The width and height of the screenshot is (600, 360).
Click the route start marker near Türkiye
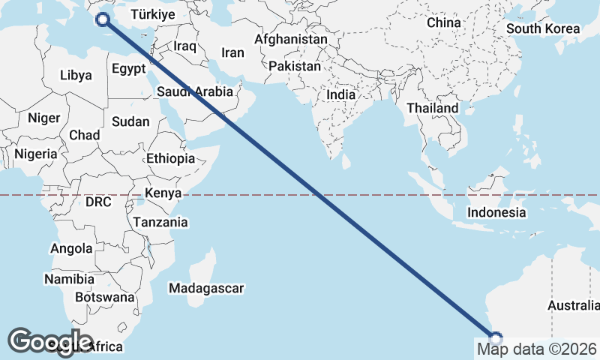[103, 20]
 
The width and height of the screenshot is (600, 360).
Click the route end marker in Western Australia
[495, 337]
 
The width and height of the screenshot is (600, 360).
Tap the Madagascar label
[206, 288]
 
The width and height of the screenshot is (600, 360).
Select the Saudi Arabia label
[196, 92]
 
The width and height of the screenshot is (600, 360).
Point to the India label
[341, 95]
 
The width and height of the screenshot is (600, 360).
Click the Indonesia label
[496, 212]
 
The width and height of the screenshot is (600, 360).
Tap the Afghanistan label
[291, 39]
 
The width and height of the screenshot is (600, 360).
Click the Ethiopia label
[171, 158]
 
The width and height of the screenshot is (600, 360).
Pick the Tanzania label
[160, 222]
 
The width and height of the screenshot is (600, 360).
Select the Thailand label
[432, 108]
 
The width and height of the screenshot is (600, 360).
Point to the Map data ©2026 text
[537, 349]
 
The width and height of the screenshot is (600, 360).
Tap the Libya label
[76, 75]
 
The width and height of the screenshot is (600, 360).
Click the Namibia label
[69, 279]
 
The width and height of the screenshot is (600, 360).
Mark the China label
[444, 22]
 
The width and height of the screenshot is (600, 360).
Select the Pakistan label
[295, 66]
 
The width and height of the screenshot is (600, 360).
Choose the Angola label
[71, 248]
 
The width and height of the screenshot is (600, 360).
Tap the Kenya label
[163, 193]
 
